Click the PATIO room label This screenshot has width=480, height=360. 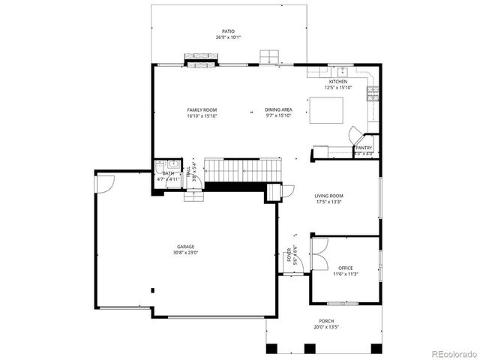tap(228, 31)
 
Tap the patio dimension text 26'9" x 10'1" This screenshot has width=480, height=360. tap(228, 37)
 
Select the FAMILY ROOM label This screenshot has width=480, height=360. tap(202, 110)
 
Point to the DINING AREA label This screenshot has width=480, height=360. tap(278, 110)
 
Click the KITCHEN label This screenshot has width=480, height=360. tap(338, 82)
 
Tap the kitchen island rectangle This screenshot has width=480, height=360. tap(327, 109)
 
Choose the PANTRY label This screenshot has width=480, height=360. tap(364, 148)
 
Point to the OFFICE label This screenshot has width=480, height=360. tap(345, 268)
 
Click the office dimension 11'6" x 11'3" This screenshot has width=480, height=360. tap(345, 274)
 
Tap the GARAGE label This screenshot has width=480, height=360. tap(185, 247)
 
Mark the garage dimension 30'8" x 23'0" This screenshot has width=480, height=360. tap(185, 253)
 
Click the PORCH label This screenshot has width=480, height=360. tap(326, 321)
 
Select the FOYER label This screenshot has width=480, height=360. tap(288, 255)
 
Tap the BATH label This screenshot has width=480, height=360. tap(168, 173)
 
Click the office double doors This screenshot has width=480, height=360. tap(319, 253)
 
